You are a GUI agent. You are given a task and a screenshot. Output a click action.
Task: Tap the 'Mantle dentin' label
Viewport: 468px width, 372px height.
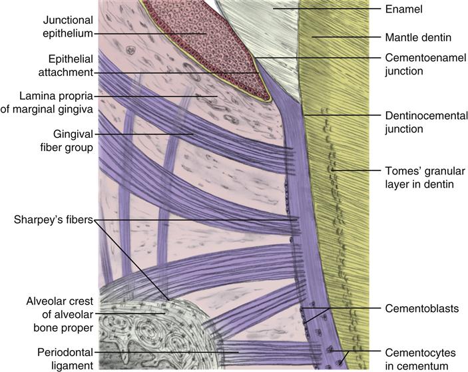point(417,37)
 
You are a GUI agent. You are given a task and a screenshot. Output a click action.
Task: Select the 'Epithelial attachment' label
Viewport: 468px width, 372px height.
point(66,65)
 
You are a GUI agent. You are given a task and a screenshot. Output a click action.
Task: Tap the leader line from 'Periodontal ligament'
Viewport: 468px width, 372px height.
point(166,350)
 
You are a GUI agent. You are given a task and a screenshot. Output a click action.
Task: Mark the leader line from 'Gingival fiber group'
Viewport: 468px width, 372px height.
point(146,134)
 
